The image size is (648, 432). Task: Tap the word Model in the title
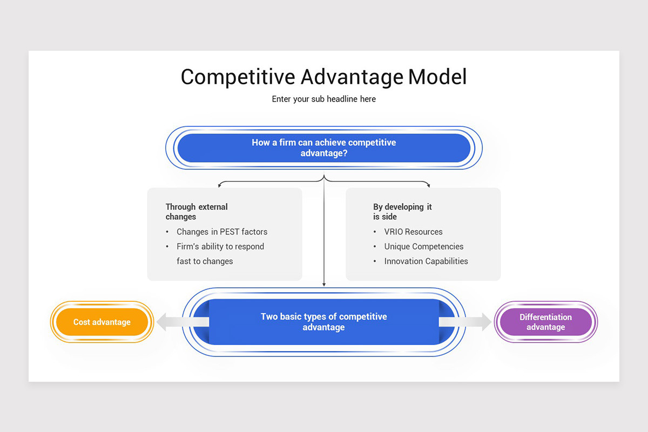tap(437, 77)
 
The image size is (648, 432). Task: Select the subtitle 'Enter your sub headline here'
tap(323, 99)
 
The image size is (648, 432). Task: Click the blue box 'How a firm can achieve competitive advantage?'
tap(323, 148)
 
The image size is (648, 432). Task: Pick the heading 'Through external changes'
tap(197, 212)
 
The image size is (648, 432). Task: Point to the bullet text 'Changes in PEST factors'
tap(221, 232)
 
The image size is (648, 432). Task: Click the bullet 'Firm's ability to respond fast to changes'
tap(220, 254)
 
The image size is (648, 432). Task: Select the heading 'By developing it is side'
tap(402, 212)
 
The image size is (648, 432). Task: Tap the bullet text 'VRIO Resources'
tap(413, 232)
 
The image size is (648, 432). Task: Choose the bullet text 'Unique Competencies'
tap(423, 246)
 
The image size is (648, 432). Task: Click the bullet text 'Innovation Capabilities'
tap(426, 261)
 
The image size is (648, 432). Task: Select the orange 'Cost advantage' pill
tap(102, 322)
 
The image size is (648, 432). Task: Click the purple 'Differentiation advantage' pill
tap(545, 322)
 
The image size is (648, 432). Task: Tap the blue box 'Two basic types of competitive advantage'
tap(323, 322)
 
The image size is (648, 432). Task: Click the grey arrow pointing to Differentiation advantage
tap(465, 322)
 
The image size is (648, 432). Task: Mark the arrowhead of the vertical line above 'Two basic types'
tap(323, 284)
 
